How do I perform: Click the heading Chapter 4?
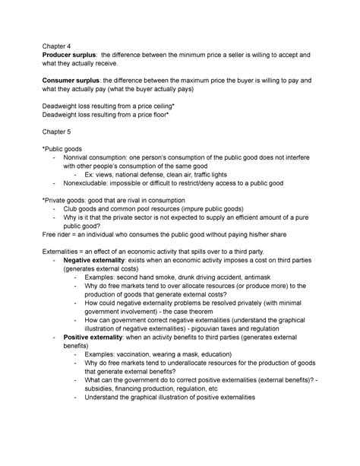pyautogui.click(x=60, y=44)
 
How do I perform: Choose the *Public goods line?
pyautogui.click(x=71, y=150)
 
